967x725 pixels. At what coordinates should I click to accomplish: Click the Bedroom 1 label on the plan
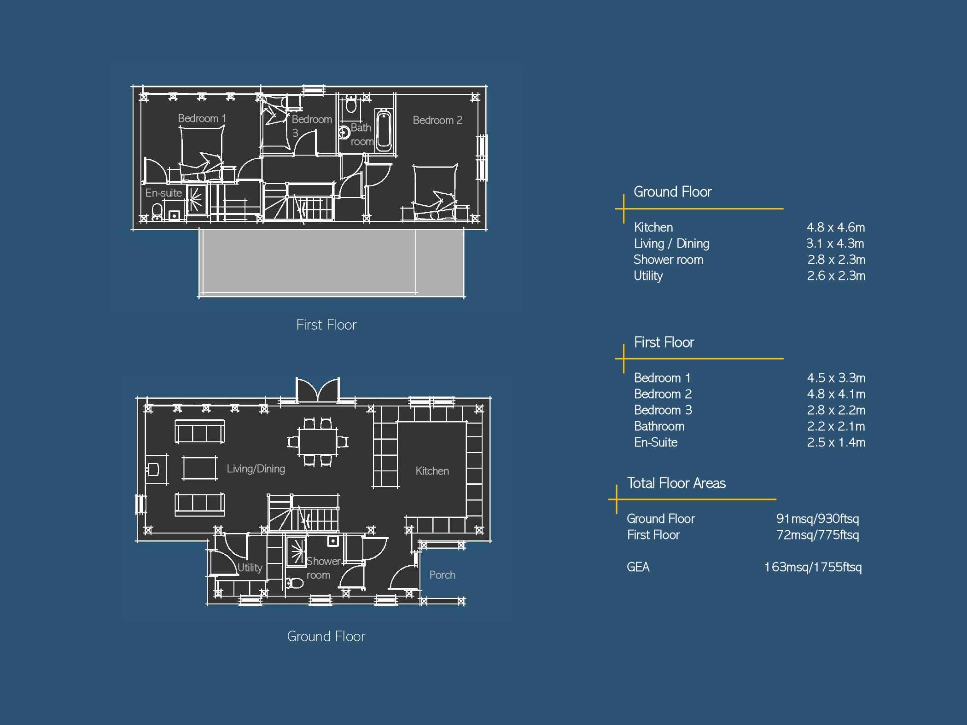point(202,118)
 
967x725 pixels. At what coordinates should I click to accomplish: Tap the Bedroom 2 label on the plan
point(437,120)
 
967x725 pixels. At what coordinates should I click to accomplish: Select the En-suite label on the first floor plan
point(163,193)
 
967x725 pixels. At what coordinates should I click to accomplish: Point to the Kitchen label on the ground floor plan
point(432,471)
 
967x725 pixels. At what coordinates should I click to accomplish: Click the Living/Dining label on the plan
point(256,469)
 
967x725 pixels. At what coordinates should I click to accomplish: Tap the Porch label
point(442,575)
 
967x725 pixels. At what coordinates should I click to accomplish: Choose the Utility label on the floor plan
point(250,568)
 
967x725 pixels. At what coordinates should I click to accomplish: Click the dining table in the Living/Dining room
point(318,442)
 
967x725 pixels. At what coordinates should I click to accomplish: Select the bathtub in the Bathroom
point(384,130)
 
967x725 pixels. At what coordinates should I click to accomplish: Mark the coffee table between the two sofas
point(199,468)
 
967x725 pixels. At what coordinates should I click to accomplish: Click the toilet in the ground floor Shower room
point(295,583)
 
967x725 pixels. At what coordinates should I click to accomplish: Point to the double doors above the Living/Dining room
point(318,390)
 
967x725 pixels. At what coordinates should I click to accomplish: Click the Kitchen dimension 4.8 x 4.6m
point(836,227)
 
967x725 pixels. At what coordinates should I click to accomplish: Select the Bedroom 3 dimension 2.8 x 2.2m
point(836,410)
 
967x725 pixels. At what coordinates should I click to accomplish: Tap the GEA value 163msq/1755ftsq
point(813,567)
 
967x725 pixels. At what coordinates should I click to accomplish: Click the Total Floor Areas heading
point(676,483)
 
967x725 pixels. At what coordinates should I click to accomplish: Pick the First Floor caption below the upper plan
point(326,325)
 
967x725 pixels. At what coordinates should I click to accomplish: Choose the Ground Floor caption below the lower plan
point(326,636)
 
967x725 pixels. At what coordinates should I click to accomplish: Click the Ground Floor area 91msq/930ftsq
point(817,519)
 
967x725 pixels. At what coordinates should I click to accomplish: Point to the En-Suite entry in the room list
point(656,442)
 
